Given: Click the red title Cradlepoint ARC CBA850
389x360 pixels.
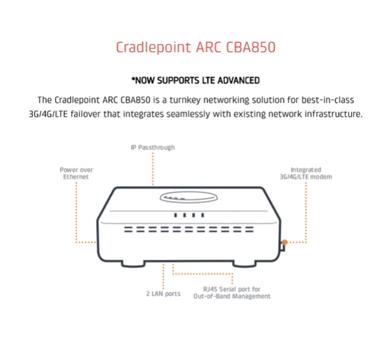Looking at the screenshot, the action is (196, 47).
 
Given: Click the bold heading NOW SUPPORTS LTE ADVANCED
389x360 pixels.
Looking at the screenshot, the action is (196, 80).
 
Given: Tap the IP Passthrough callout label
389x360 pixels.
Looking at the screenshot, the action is (152, 147).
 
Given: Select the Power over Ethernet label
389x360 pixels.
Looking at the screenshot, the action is (76, 173).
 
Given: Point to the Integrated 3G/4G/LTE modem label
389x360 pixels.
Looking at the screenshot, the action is (306, 173).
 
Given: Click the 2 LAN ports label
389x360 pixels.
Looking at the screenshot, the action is (163, 294).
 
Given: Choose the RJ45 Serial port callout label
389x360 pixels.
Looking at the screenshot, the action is (231, 293).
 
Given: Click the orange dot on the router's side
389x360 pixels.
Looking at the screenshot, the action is (285, 243).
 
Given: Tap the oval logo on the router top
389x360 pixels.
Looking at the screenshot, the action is (189, 198).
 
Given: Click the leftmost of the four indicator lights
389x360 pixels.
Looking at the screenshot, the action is (176, 215).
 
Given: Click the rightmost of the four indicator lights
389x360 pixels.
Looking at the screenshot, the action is (203, 215).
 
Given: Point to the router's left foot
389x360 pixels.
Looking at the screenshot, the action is (133, 264).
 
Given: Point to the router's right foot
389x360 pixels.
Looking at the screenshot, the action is (244, 264).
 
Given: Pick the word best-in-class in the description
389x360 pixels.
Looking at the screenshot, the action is (327, 100).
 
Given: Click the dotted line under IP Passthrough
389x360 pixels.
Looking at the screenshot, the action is (153, 169).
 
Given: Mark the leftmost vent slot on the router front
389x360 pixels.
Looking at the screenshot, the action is (128, 230).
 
